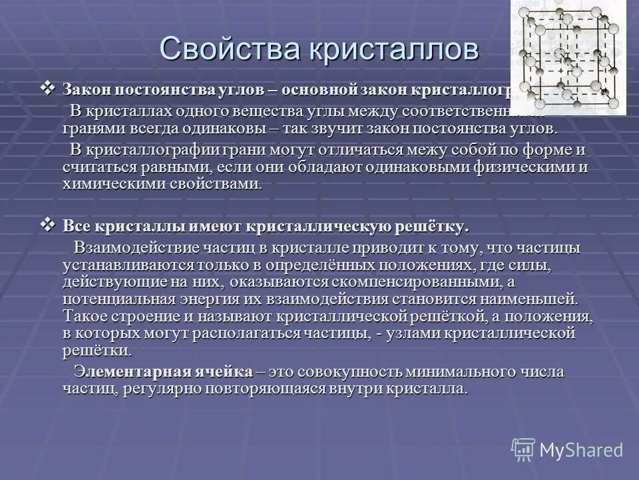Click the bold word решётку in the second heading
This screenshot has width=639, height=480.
pos(433,227)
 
